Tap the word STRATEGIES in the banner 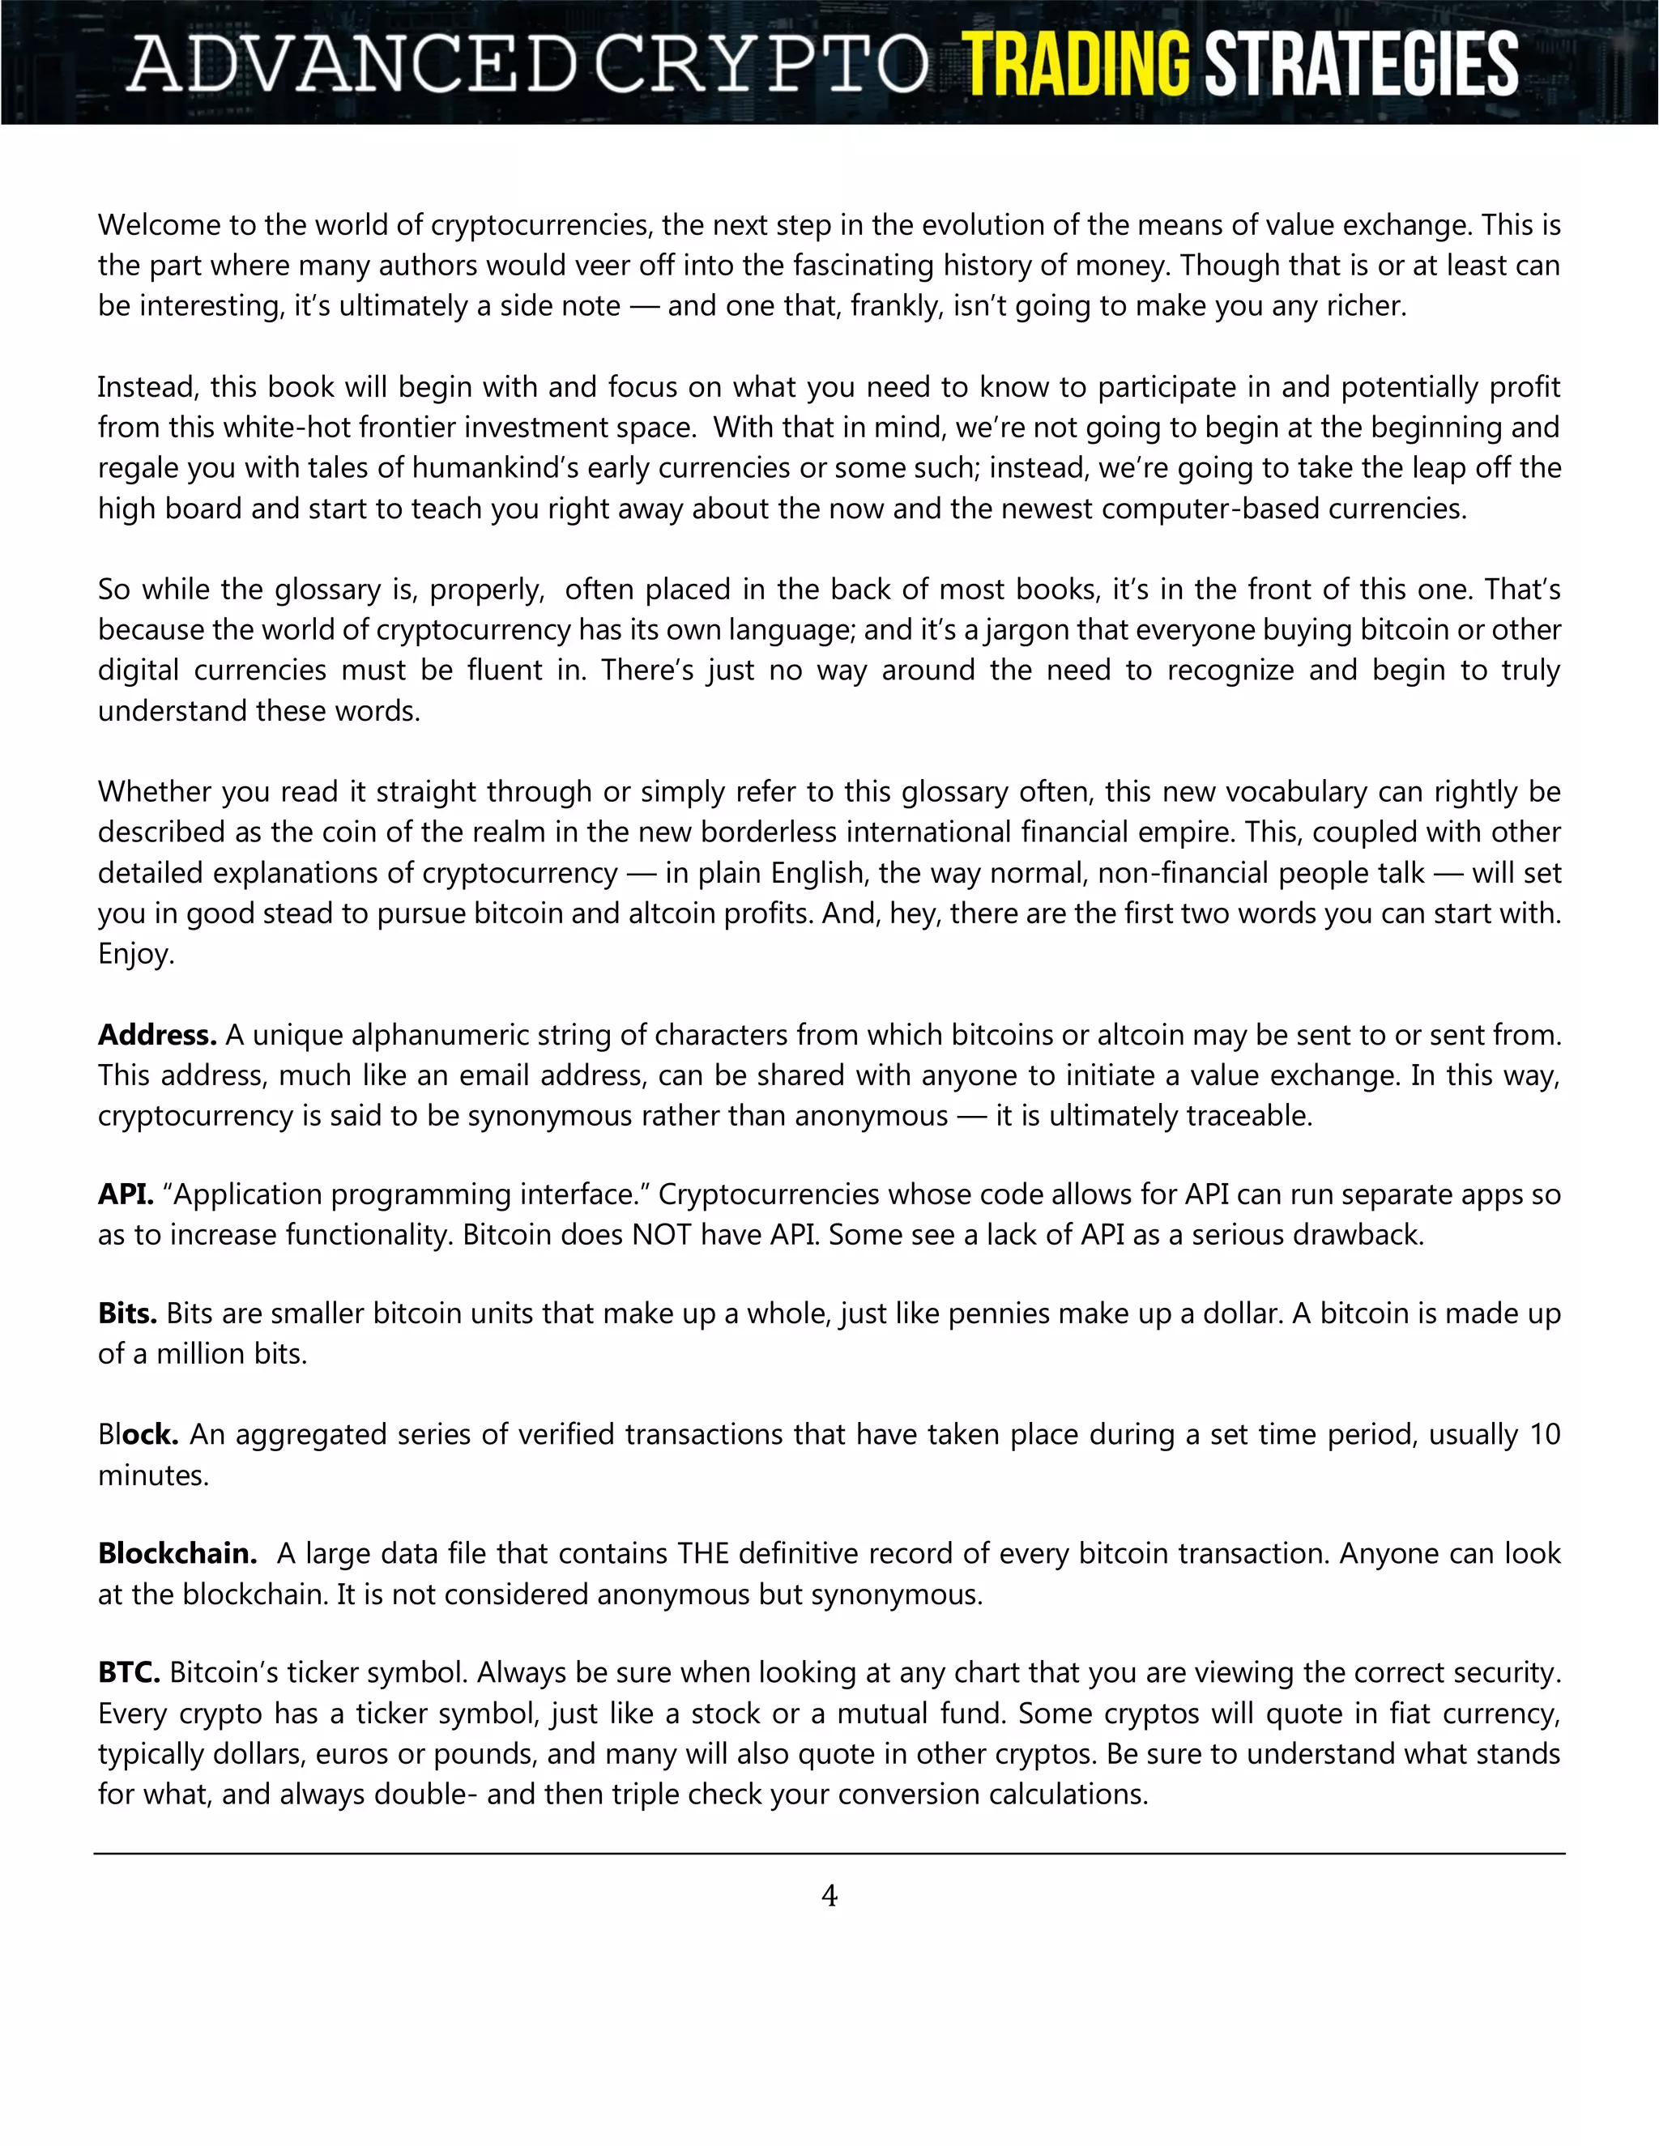pos(1363,64)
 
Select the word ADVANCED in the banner pos(352,64)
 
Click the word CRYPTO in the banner pos(761,64)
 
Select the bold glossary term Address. pos(157,1035)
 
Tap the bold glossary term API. pos(125,1194)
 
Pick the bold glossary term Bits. pos(127,1314)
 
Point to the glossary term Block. pos(138,1435)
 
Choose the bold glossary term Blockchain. pos(177,1553)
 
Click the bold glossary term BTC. pos(129,1672)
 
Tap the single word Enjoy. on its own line pos(135,954)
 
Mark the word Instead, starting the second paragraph pos(147,387)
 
